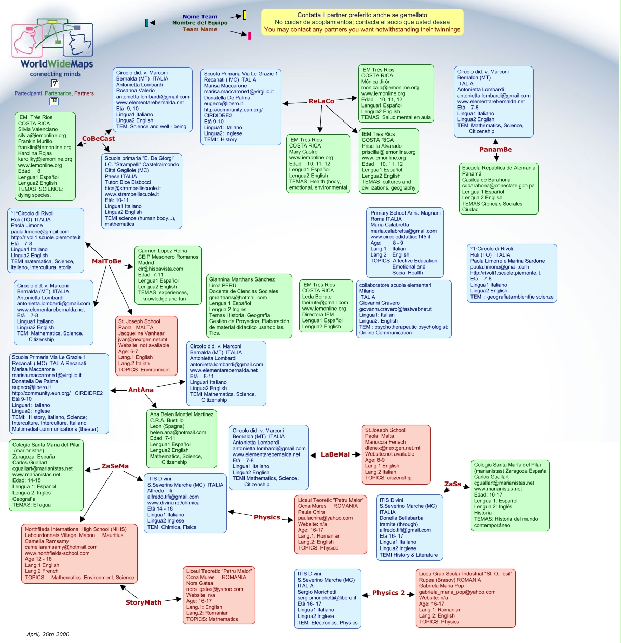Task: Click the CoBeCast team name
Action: click(98, 139)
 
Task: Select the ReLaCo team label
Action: click(321, 101)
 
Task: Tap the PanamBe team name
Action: click(495, 150)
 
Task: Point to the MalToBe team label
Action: click(106, 261)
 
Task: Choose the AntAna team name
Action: click(141, 390)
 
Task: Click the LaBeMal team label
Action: click(335, 454)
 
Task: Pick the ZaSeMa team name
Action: click(115, 466)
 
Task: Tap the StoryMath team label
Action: click(143, 602)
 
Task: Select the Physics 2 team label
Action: click(388, 593)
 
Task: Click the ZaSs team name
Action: click(452, 484)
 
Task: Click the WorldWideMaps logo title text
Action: click(57, 64)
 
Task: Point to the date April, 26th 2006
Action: click(48, 634)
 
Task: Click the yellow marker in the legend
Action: click(245, 15)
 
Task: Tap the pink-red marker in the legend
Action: click(250, 36)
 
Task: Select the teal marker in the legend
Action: click(147, 23)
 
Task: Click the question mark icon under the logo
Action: click(55, 83)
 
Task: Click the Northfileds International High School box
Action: click(80, 553)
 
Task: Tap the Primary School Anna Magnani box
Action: click(406, 243)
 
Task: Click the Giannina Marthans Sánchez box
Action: click(249, 306)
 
